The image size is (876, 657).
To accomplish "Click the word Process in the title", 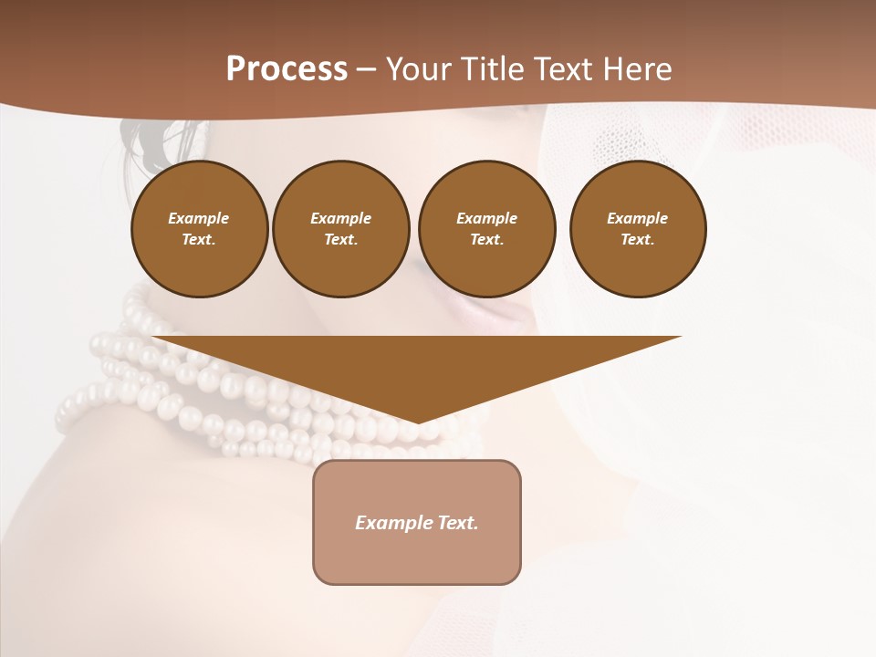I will (x=287, y=69).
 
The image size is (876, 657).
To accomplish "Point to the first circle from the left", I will (x=200, y=229).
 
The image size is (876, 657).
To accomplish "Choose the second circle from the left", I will (x=341, y=229).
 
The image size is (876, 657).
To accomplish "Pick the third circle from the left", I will (x=486, y=229).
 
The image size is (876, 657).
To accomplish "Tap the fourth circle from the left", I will (x=638, y=229).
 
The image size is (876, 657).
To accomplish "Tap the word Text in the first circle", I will (x=198, y=240).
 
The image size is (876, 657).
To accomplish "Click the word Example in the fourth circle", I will (x=638, y=218).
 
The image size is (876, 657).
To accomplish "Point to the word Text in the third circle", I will (x=485, y=240).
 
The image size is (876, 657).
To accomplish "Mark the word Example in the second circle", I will (x=341, y=218).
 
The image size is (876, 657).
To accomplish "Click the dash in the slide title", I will (x=366, y=69).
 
